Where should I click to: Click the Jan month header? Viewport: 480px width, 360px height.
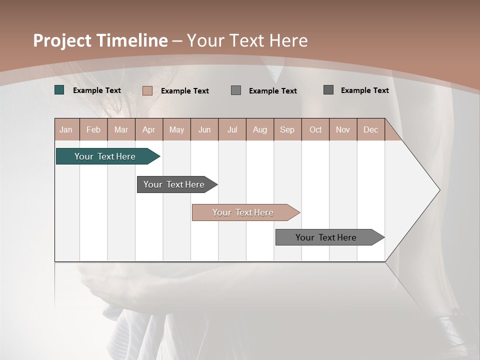pos(66,129)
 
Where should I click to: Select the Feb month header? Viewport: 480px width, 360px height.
pos(93,129)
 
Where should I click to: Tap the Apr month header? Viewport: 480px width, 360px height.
pos(148,129)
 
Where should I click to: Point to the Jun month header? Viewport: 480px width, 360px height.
pos(204,129)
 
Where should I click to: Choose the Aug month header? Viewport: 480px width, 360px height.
pos(259,129)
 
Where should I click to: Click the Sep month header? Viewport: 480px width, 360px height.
pos(287,129)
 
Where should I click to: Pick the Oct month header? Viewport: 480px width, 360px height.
pos(315,129)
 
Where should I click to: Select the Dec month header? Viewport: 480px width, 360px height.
pos(370,129)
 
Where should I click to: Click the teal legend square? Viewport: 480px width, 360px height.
pos(59,90)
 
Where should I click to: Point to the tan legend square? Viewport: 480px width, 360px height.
pos(147,90)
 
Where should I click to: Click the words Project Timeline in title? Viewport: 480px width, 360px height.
pos(100,40)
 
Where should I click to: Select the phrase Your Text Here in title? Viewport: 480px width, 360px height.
pos(247,40)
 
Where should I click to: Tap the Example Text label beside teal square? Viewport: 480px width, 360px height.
pos(97,90)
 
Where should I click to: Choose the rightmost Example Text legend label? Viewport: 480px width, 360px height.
pos(364,90)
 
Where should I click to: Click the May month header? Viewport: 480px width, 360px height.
pos(176,129)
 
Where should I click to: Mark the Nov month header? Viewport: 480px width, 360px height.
pos(343,129)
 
